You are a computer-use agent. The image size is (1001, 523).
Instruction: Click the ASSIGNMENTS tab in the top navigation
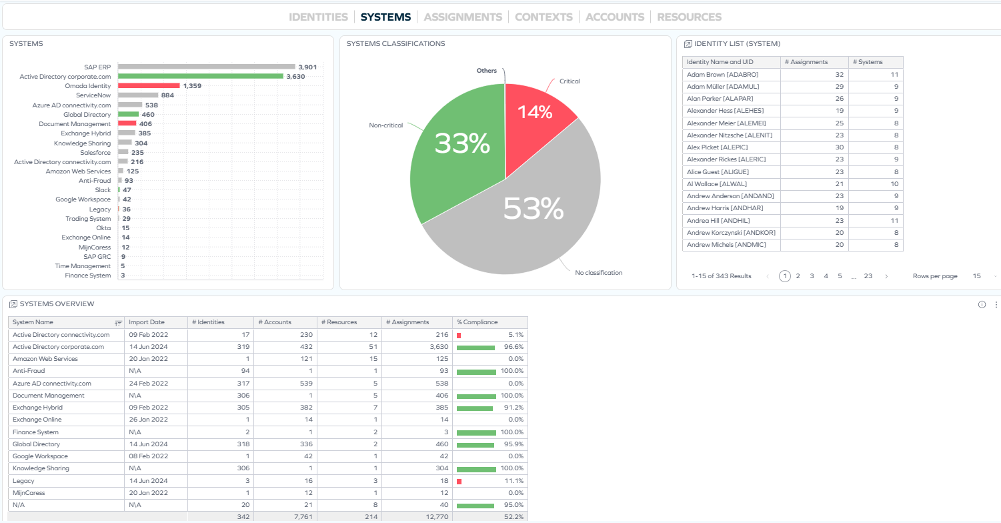point(463,17)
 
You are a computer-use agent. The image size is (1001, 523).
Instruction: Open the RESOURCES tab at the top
point(689,17)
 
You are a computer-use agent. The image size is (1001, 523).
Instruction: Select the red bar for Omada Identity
point(149,86)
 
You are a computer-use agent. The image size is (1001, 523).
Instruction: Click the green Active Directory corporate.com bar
point(200,76)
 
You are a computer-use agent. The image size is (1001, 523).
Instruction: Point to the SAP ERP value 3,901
point(307,67)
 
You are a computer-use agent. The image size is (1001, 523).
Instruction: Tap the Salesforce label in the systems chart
point(95,153)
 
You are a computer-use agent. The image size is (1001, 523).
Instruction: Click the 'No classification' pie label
point(598,273)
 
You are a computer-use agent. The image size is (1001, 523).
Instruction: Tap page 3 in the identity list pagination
point(812,276)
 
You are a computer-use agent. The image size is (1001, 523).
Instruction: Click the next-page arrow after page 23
point(886,276)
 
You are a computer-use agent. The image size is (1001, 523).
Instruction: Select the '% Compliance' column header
point(477,322)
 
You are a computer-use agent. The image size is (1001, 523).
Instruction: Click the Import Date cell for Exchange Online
point(147,420)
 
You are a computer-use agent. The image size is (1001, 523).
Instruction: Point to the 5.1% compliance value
point(515,335)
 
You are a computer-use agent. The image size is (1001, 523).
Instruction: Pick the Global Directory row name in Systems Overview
point(36,444)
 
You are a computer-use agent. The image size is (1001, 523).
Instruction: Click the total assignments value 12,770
point(435,517)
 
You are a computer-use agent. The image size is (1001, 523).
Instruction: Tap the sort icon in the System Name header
point(118,323)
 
